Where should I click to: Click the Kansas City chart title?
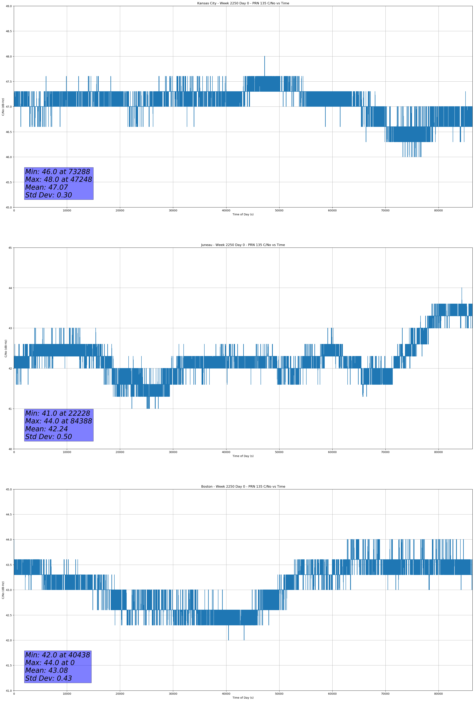[243, 3]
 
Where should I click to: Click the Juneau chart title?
[243, 245]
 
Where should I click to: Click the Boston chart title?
[243, 487]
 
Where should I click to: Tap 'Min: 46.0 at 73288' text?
[58, 172]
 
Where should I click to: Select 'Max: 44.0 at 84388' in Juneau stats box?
[58, 421]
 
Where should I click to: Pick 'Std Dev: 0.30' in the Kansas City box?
[49, 195]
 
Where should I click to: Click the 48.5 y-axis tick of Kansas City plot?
[9, 31]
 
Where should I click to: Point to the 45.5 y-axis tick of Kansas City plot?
[9, 182]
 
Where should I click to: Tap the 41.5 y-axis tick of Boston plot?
[9, 665]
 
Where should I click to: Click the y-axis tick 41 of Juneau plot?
[10, 409]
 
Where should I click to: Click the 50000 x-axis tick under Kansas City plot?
[279, 211]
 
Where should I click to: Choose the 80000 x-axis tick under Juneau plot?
[438, 452]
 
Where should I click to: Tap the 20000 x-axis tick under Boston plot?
[120, 694]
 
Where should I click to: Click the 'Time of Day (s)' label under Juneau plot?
[243, 456]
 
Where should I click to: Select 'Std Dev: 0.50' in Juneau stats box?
[49, 437]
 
